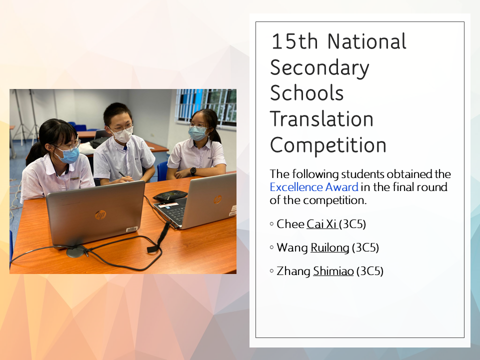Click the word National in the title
click(366, 41)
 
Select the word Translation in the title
click(321, 119)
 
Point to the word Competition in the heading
click(328, 145)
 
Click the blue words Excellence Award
click(314, 187)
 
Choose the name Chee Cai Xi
click(307, 224)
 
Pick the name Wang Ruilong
click(313, 247)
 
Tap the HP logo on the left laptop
click(100, 215)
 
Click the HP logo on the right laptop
click(217, 200)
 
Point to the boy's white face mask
click(123, 135)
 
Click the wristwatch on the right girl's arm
click(193, 171)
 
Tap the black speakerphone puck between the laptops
click(170, 195)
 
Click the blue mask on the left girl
click(68, 155)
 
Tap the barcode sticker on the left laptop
click(131, 229)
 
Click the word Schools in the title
click(306, 93)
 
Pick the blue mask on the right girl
click(198, 133)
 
